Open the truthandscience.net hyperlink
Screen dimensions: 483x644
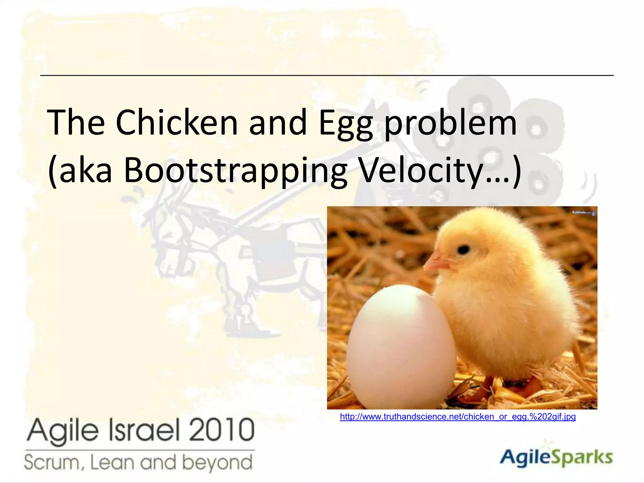coord(458,417)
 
